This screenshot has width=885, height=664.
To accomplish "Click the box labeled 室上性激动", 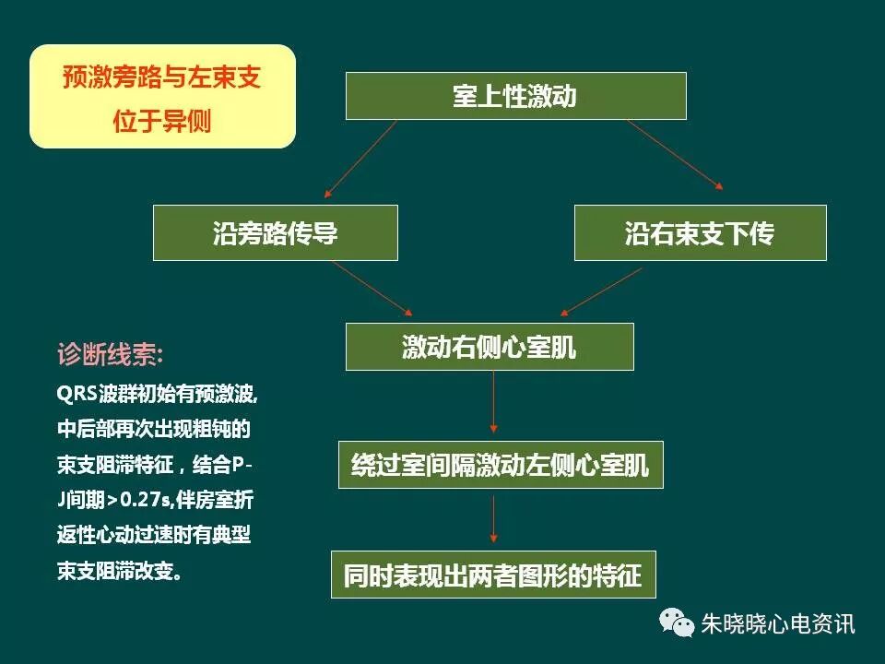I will coord(515,96).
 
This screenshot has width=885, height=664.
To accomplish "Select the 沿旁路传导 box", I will coord(275,232).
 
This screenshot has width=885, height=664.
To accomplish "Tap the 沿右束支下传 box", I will coord(700,232).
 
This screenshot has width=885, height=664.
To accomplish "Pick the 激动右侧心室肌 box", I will coord(490,347).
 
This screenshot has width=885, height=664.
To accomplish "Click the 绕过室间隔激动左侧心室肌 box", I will coord(501,465).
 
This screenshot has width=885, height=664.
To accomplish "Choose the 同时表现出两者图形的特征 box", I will coord(492,575).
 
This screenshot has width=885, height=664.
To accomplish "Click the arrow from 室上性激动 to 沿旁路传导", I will coord(360,160).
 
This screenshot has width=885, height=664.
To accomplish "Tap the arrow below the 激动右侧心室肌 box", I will coord(494,402).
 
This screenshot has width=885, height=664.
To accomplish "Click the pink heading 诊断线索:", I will coord(112,355).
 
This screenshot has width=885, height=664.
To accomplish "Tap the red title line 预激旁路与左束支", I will coord(162,77).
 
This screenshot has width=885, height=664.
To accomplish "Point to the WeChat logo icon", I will coord(678,622).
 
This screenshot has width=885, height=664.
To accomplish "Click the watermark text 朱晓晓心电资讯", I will coord(778,624).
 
